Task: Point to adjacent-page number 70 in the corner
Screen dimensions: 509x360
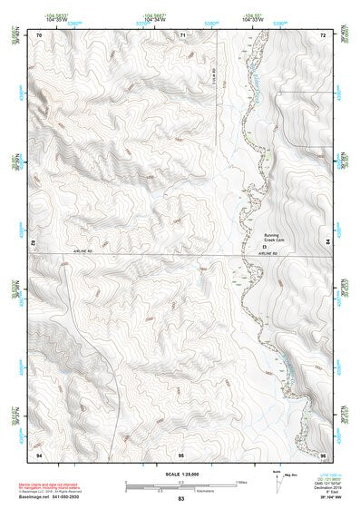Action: (x=40, y=34)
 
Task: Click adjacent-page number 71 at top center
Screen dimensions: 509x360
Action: (x=182, y=34)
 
